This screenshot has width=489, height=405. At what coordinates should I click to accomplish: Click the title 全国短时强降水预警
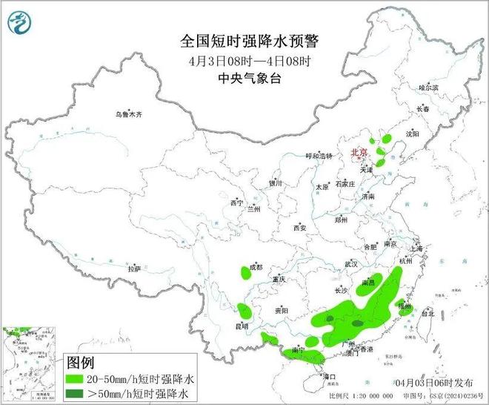coord(244,39)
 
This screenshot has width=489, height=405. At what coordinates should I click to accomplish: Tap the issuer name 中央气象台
coord(244,77)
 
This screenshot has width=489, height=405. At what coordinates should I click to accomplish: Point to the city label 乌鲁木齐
coord(127,115)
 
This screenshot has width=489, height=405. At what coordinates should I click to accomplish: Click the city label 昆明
coord(242,326)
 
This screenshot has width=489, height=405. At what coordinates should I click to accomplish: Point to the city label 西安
coord(299,228)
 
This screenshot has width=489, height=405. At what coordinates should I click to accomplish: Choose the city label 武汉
coord(350,264)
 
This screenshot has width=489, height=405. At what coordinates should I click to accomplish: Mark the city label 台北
coord(428,314)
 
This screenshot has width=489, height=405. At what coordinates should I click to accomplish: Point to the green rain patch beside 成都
coord(246,273)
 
